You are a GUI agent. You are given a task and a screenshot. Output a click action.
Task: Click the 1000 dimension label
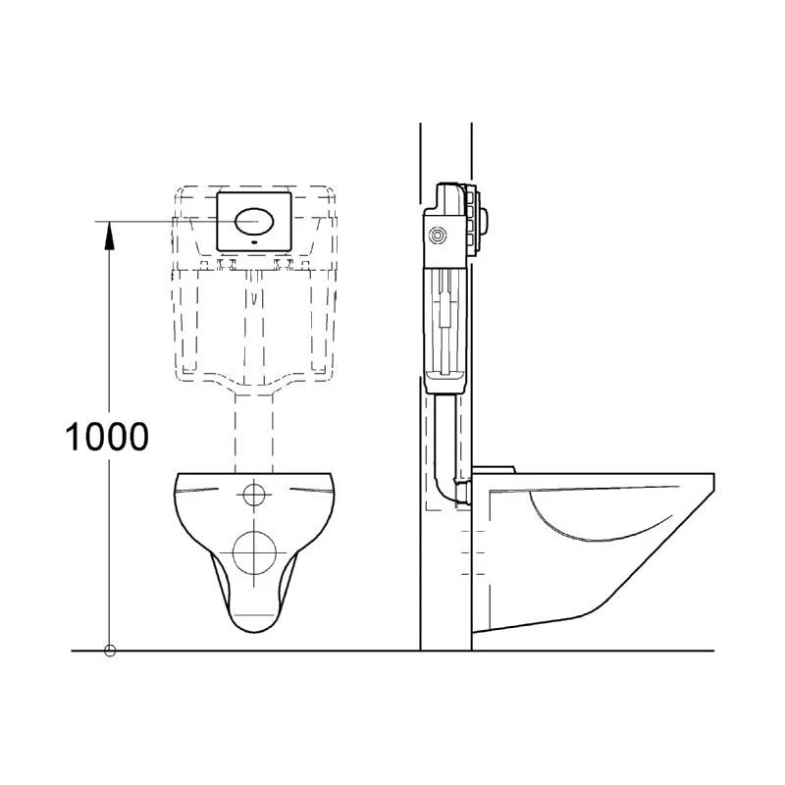[x=107, y=437]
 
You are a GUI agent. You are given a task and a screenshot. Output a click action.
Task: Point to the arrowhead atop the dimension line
[x=109, y=235]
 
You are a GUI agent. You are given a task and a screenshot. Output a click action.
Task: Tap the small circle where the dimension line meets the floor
[x=110, y=651]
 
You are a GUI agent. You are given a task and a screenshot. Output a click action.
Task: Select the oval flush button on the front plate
[x=254, y=222]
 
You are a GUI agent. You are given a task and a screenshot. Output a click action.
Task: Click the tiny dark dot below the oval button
[x=254, y=241]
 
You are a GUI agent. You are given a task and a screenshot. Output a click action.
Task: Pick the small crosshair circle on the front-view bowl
[x=254, y=496]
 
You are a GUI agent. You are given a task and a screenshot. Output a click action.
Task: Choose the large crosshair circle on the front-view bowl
[x=254, y=552]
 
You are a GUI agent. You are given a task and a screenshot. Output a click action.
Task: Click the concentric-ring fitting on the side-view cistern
[x=438, y=235]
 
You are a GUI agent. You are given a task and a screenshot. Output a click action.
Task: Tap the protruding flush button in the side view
[x=484, y=220]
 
